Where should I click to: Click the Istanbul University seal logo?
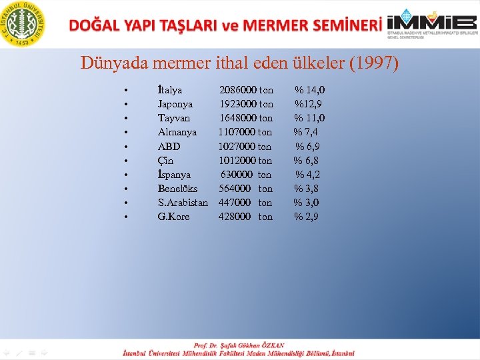click(x=25, y=25)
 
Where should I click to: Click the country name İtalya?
click(x=170, y=90)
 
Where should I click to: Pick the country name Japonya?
click(x=175, y=104)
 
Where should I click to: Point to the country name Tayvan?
click(x=173, y=118)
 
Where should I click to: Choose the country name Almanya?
click(x=177, y=133)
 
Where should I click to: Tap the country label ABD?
click(x=169, y=147)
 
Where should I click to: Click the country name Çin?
click(x=165, y=161)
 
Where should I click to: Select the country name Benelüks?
click(x=177, y=189)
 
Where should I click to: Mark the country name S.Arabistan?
click(x=183, y=203)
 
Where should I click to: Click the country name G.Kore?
click(x=173, y=217)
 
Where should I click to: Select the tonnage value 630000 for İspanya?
click(x=237, y=175)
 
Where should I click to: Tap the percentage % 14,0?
click(x=310, y=90)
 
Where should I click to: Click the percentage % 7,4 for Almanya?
click(x=306, y=133)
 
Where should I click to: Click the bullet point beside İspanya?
click(x=125, y=175)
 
